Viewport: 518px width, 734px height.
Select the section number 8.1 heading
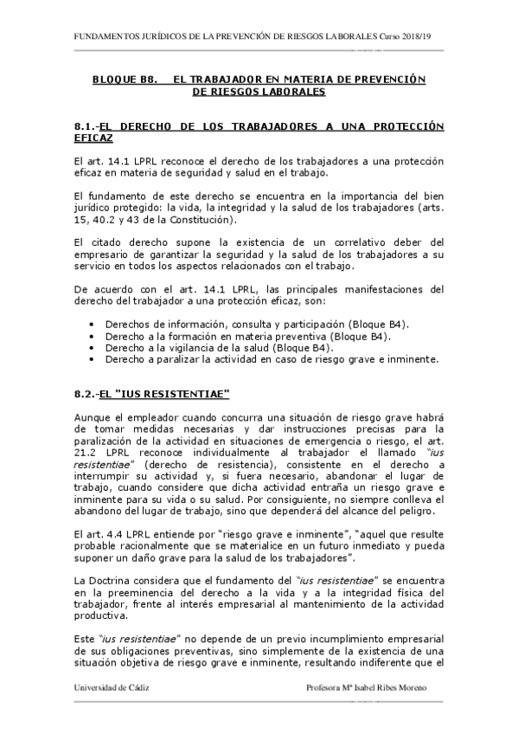(86, 126)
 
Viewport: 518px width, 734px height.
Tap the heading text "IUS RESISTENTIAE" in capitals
(168, 395)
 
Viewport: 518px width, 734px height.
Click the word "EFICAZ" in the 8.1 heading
(93, 138)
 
